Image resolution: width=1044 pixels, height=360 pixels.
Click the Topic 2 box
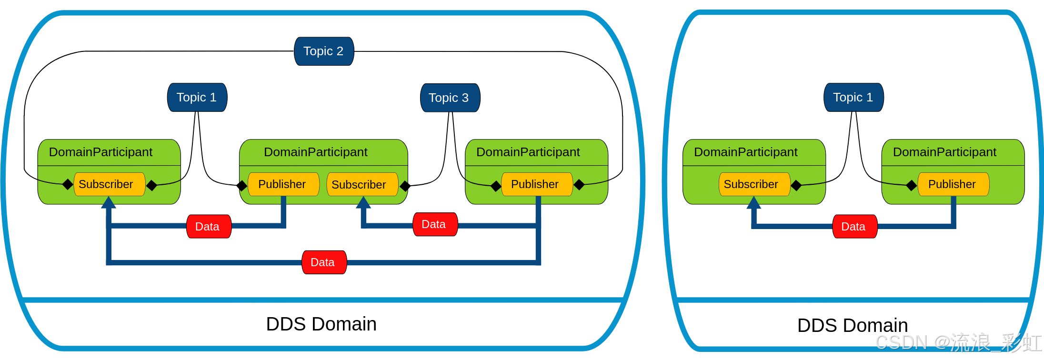pos(324,51)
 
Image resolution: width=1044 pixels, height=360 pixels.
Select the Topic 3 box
pos(450,98)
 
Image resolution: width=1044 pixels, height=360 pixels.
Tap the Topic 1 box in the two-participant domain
pos(854,98)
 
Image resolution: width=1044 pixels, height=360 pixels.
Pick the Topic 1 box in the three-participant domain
pos(197,98)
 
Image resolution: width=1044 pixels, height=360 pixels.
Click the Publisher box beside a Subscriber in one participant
pos(283,184)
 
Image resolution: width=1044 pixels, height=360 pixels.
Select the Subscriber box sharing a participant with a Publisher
pos(362,184)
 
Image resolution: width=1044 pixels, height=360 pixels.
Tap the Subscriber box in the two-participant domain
pos(754,184)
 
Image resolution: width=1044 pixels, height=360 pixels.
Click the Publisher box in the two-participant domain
pos(954,184)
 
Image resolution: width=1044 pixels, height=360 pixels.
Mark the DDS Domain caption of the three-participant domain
pos(321,324)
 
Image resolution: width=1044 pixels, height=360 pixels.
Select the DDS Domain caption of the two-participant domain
pos(853,326)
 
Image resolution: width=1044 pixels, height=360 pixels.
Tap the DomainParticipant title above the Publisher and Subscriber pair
pos(316,152)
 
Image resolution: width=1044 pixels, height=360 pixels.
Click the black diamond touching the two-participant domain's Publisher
pos(912,185)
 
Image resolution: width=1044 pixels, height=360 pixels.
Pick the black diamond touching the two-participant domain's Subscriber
pos(796,185)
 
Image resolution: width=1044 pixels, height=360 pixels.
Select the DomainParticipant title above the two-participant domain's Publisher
pos(944,152)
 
